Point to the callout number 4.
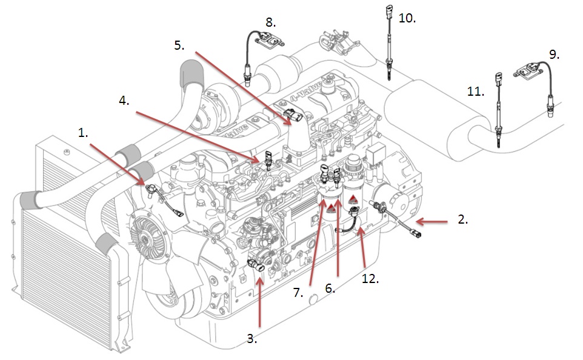[124, 101]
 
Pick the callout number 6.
[330, 289]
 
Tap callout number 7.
[298, 292]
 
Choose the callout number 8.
[270, 23]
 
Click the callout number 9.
[553, 55]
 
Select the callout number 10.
[407, 19]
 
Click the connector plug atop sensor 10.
[388, 11]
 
